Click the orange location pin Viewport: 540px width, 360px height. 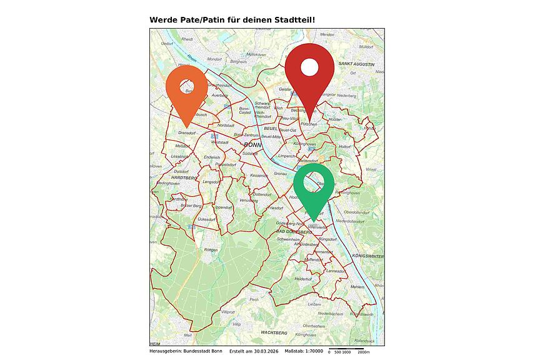[x=186, y=90]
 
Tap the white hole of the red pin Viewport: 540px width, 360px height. [x=310, y=67]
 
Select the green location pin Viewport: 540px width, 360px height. [x=314, y=187]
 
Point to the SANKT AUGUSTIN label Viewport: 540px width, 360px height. [x=356, y=64]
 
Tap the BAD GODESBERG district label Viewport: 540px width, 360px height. [x=294, y=232]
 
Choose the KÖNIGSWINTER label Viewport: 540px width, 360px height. [x=367, y=256]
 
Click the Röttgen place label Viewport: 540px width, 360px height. [x=211, y=250]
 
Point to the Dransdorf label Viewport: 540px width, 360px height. [x=187, y=132]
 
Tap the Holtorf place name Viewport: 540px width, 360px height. [x=346, y=146]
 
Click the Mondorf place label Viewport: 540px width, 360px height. [x=214, y=59]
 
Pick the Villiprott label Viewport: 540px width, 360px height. [x=227, y=311]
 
